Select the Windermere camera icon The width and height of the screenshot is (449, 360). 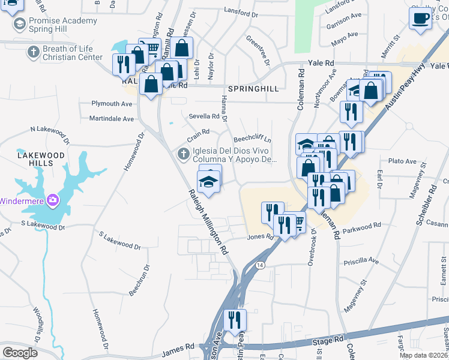tap(53, 200)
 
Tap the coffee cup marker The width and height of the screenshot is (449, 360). tap(420, 17)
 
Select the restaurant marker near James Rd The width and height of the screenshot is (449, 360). tap(234, 320)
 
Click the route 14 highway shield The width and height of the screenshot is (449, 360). tap(260, 265)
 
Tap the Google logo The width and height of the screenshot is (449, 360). tap(19, 352)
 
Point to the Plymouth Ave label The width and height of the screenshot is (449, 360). tap(112, 104)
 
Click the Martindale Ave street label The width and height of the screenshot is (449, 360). tap(112, 119)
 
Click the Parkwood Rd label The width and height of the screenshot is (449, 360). tap(361, 226)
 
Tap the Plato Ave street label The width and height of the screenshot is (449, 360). tap(402, 161)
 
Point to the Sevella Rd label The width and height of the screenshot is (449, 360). tap(205, 116)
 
